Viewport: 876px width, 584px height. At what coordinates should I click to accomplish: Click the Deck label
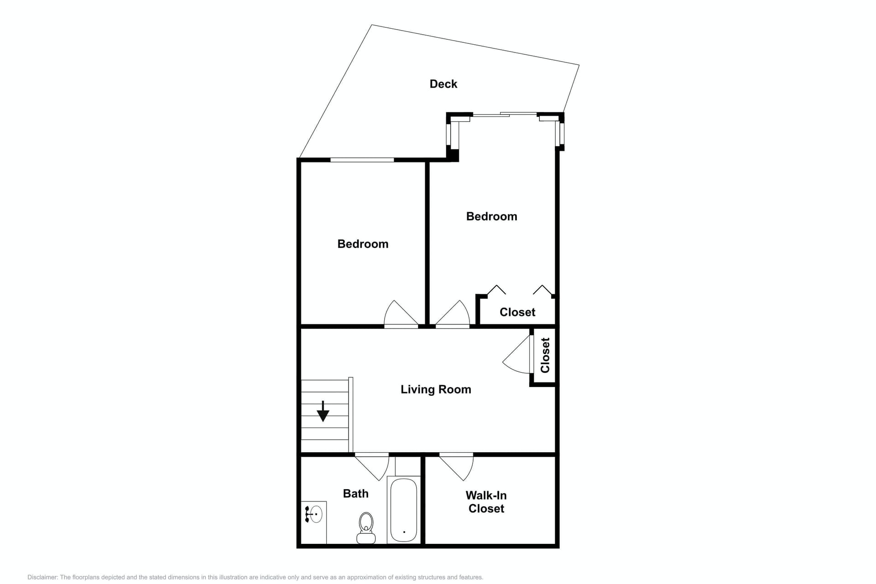click(x=443, y=84)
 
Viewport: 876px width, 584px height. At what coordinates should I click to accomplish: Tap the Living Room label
click(x=436, y=389)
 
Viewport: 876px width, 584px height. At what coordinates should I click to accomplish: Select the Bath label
click(x=355, y=494)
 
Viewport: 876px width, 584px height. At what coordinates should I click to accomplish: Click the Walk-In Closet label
click(x=486, y=502)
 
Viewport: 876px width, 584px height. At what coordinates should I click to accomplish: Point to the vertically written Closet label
click(x=545, y=355)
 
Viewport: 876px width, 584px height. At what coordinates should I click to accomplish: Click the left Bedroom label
click(x=363, y=244)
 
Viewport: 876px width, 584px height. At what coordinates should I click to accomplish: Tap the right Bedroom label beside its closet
click(x=491, y=216)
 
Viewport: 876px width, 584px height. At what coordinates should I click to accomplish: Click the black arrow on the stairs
click(x=323, y=411)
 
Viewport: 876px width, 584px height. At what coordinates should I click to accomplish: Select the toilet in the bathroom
click(x=366, y=528)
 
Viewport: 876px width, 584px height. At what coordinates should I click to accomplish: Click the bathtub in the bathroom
click(x=404, y=510)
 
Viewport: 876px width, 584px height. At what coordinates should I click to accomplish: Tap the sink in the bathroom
click(x=314, y=514)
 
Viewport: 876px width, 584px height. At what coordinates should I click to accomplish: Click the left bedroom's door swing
click(x=401, y=314)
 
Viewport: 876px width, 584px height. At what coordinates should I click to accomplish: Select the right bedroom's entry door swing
click(x=453, y=314)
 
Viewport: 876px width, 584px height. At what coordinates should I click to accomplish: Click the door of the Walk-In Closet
click(x=456, y=466)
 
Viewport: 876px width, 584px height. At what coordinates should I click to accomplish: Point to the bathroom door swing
click(x=372, y=466)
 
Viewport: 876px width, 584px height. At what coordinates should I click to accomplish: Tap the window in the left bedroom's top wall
click(x=362, y=160)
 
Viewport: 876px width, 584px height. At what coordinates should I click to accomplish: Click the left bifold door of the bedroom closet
click(x=496, y=290)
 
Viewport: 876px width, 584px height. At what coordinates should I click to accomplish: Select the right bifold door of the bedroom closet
click(x=542, y=290)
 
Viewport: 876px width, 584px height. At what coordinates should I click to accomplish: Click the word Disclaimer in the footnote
click(x=42, y=577)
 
